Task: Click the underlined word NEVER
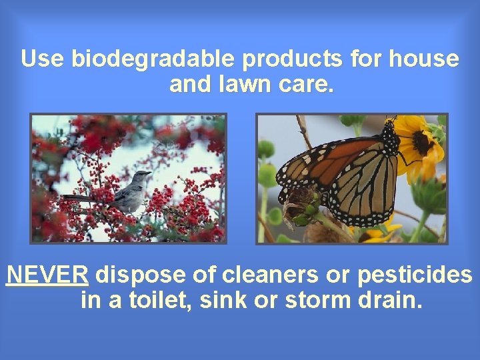click(47, 275)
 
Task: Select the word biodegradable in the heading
click(154, 59)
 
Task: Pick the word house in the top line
click(425, 59)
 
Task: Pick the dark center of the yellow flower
click(422, 141)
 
